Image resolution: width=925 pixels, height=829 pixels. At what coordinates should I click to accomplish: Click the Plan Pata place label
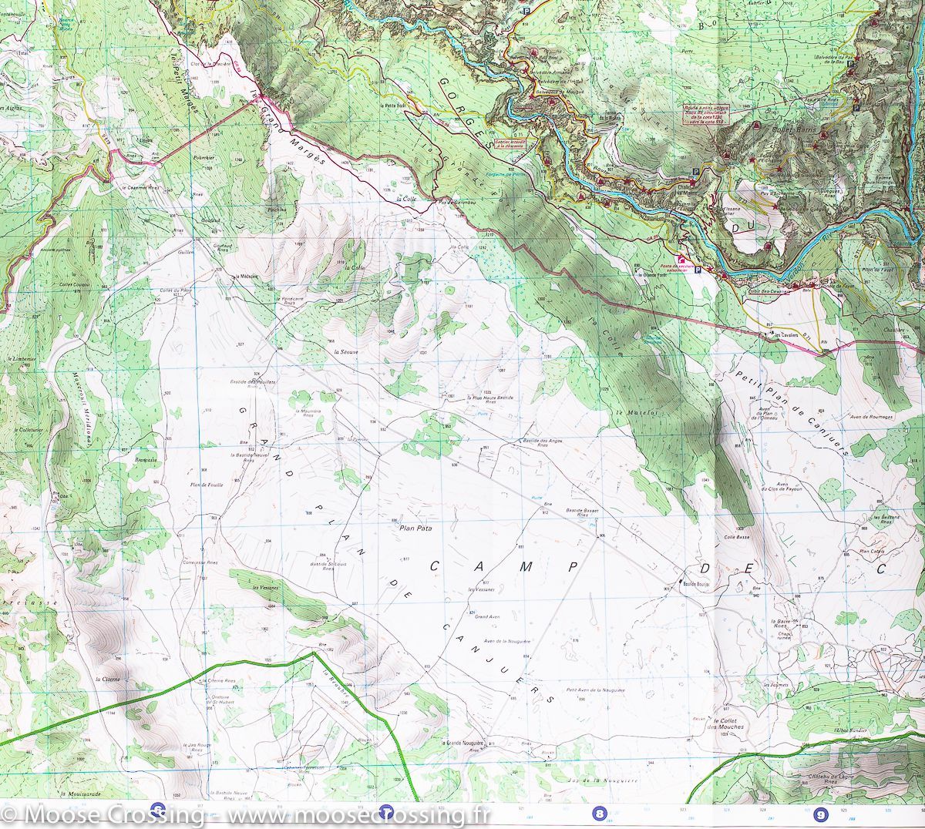click(x=415, y=529)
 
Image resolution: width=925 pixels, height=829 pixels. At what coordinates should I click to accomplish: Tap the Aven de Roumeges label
click(x=871, y=416)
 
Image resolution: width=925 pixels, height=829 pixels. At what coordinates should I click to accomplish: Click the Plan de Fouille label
click(x=206, y=484)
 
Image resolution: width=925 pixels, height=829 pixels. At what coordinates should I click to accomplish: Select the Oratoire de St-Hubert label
click(x=220, y=702)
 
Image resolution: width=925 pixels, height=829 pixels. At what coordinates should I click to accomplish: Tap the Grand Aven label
click(x=489, y=617)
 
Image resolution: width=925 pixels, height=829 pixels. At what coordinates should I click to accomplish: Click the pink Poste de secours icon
click(x=681, y=261)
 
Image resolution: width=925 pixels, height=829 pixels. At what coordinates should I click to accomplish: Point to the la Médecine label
click(x=247, y=276)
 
